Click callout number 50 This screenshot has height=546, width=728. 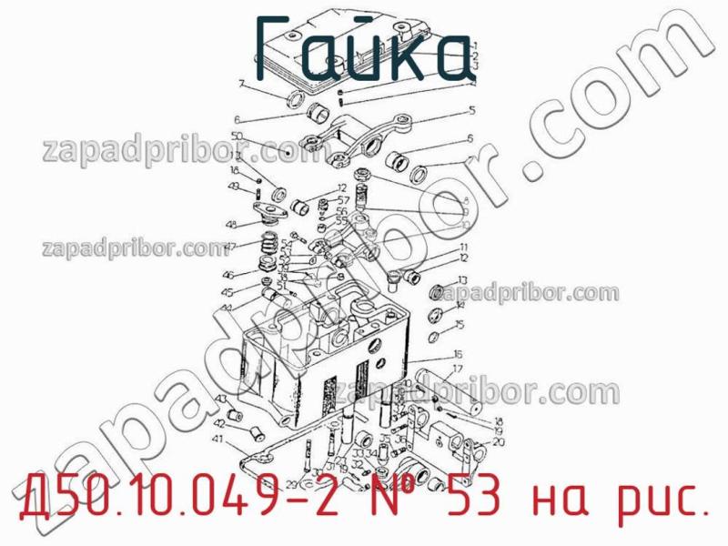tap(238, 136)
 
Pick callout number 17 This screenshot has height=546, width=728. tap(458, 369)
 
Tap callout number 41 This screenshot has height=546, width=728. tap(217, 440)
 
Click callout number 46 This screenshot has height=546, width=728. tap(228, 274)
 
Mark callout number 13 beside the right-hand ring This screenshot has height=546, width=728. tap(462, 280)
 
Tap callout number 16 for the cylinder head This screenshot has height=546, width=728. tap(458, 354)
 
